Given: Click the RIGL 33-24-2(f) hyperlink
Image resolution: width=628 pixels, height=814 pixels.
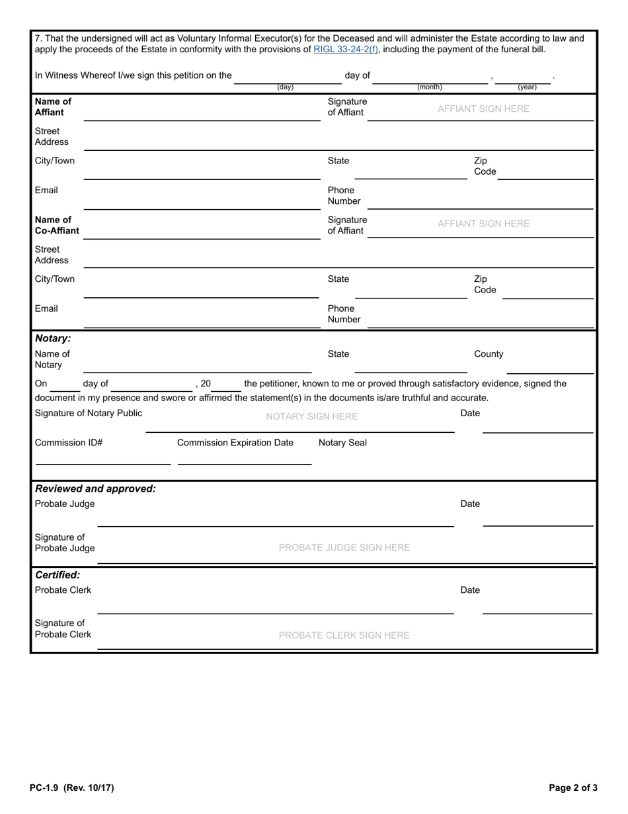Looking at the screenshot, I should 346,49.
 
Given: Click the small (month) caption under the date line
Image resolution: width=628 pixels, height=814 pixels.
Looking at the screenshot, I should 430,87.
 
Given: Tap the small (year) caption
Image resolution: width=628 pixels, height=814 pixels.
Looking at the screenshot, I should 527,87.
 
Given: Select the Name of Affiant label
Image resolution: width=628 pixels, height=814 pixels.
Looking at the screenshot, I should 53,107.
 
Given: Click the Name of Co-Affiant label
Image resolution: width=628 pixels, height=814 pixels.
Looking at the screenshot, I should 57,225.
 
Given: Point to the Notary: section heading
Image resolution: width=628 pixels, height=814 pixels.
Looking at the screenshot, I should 53,338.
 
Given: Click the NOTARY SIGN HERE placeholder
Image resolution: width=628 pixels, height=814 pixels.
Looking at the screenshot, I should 311,416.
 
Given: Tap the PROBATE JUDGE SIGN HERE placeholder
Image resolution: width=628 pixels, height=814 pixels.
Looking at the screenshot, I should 344,547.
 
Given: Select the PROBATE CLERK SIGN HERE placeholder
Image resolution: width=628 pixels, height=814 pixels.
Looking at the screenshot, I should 344,635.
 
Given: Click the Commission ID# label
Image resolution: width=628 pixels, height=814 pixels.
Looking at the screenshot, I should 69,443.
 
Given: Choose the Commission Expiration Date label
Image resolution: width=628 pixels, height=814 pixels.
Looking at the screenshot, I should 235,443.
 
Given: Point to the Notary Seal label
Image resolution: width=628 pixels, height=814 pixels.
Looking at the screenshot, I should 342,443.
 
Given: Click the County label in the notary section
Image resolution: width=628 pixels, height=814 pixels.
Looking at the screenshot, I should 489,354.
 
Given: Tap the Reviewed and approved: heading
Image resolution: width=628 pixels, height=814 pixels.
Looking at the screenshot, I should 95,488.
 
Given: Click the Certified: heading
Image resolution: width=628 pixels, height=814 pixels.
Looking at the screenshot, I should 58,575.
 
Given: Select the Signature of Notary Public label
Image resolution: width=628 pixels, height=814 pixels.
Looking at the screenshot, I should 89,413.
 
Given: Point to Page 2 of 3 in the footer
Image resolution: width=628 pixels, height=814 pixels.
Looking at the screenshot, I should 573,788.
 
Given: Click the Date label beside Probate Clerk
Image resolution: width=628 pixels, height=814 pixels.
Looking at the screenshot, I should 470,590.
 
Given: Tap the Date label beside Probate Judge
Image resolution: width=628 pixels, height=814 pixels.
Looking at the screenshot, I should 470,504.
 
